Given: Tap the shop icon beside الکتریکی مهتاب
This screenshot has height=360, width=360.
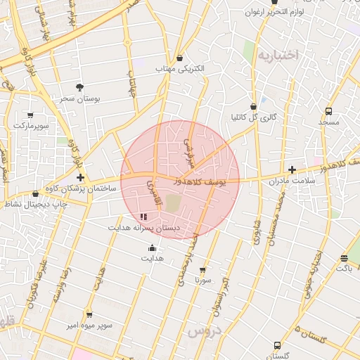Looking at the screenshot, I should pos(181,57).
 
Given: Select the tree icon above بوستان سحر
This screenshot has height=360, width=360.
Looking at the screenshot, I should pos(79,87).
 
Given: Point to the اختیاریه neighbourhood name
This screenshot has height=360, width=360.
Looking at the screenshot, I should pos(278,54).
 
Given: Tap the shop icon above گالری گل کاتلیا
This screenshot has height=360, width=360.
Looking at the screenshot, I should pos(254,105).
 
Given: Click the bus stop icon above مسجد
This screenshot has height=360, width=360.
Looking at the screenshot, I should pos(328,111).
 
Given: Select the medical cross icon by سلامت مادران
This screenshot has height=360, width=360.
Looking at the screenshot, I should pos(292,169).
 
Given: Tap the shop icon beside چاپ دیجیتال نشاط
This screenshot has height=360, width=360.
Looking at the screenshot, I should pos(36,194).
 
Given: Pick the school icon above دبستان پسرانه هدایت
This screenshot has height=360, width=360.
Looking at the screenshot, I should pos(144,217).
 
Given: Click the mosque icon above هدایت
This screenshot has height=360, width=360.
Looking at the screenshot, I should pos(153,247).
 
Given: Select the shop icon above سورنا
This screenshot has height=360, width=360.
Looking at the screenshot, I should pos(203,269).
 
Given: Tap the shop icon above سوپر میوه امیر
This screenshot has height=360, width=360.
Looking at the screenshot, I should pos(89,314).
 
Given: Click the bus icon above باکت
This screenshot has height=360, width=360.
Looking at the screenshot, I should pos(343,258).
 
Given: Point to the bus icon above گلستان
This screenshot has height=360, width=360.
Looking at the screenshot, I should pos(277,345).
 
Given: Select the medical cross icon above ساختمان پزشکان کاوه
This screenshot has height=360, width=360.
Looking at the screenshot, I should pos(81,178).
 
